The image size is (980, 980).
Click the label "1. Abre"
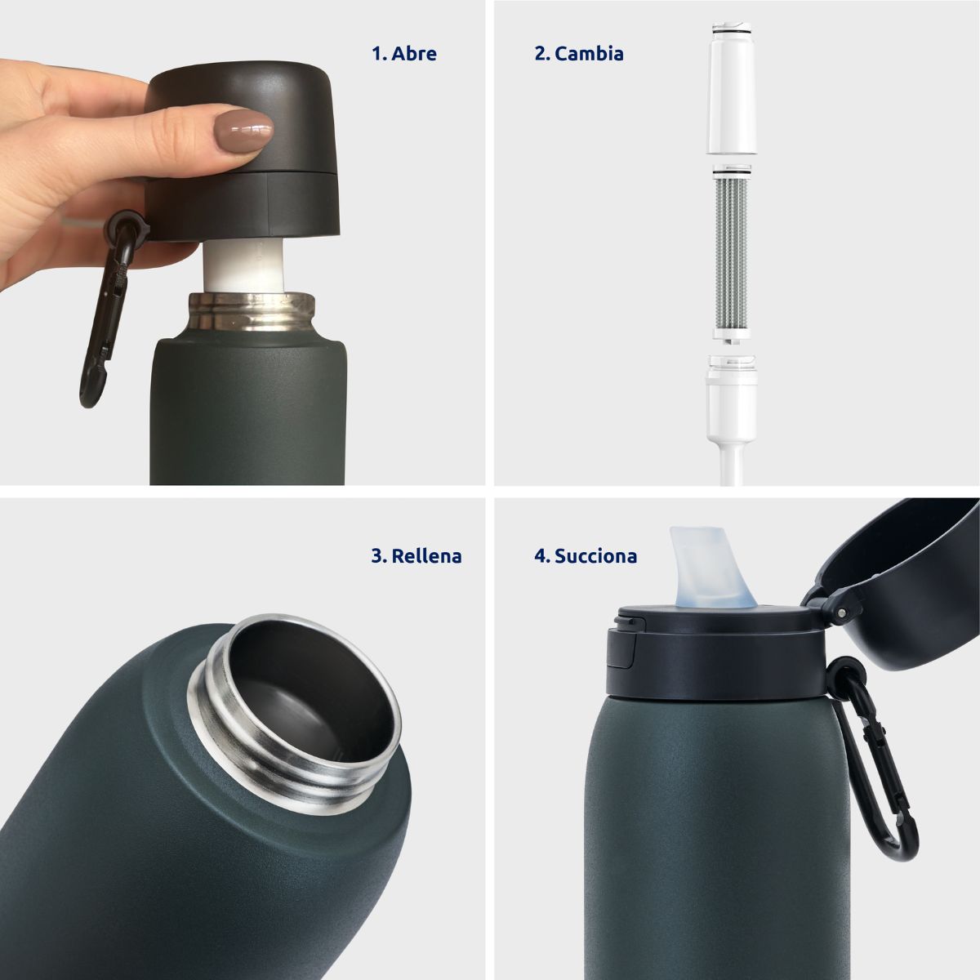tap(404, 54)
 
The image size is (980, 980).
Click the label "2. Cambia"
tap(579, 54)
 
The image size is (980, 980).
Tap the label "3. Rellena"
tap(416, 556)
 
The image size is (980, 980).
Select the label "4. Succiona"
tap(586, 556)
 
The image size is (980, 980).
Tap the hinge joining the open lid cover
tap(835, 609)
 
